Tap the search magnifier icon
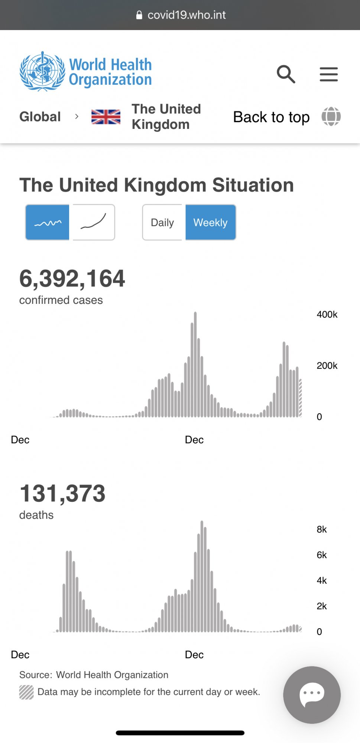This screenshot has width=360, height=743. pyautogui.click(x=286, y=74)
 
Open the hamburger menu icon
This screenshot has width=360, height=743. pyautogui.click(x=329, y=74)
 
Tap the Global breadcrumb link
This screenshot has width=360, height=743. pyautogui.click(x=40, y=117)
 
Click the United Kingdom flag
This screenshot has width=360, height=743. pyautogui.click(x=106, y=117)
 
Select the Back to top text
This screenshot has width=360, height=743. pyautogui.click(x=271, y=117)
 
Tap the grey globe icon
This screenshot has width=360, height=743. pyautogui.click(x=331, y=116)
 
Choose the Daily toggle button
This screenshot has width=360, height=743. pyautogui.click(x=162, y=223)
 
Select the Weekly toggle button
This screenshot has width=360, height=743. pyautogui.click(x=210, y=223)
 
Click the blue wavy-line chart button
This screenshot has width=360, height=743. pyautogui.click(x=48, y=223)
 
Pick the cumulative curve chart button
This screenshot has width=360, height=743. pyautogui.click(x=94, y=223)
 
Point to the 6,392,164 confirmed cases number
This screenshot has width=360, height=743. pyautogui.click(x=72, y=279)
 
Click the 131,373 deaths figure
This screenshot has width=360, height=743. pyautogui.click(x=62, y=494)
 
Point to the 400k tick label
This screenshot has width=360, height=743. pyautogui.click(x=327, y=315)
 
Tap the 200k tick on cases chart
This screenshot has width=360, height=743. pyautogui.click(x=327, y=366)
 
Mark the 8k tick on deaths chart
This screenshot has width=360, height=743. pyautogui.click(x=322, y=529)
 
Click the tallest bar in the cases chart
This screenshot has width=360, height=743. pyautogui.click(x=195, y=364)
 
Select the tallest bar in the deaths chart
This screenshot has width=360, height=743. pyautogui.click(x=202, y=576)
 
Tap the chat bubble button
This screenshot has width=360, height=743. pyautogui.click(x=312, y=695)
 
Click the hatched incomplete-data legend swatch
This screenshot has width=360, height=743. pyautogui.click(x=26, y=692)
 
